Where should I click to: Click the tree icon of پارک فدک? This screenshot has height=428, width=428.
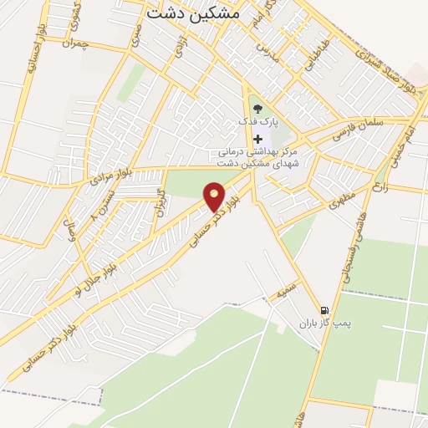point(257,107)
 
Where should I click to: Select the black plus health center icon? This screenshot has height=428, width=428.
point(257,138)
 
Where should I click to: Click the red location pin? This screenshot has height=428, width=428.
point(215,196)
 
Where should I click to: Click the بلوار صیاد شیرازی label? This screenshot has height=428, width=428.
point(385,72)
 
